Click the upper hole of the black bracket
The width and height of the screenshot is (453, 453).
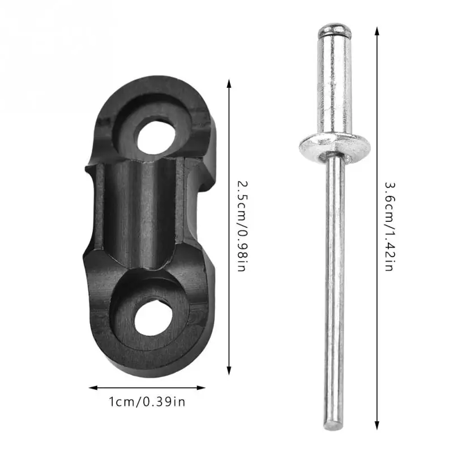coord(156,138)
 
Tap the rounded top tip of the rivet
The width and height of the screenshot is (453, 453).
coord(335,28)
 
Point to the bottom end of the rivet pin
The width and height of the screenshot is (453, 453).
coord(335,425)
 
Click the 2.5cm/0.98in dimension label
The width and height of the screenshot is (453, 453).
coord(242,226)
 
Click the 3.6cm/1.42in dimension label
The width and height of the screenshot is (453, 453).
coord(390,226)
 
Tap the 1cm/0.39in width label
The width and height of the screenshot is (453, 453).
coord(147,402)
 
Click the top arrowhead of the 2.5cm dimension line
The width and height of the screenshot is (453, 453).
coord(229,83)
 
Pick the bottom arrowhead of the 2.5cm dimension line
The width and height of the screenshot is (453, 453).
coord(229,370)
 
